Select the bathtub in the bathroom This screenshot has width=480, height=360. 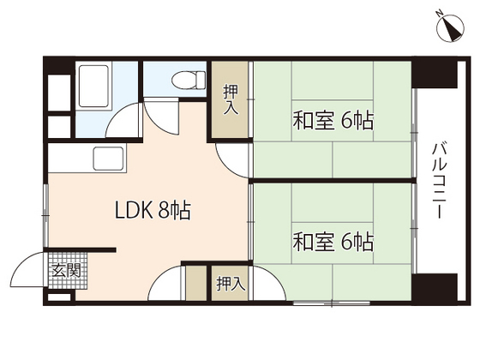click(93, 86)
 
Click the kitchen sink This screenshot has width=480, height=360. click(110, 159)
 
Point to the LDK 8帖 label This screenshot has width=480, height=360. click(153, 210)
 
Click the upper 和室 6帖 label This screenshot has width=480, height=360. click(333, 121)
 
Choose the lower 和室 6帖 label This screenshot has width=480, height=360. click(333, 242)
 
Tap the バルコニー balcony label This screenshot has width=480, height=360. click(440, 181)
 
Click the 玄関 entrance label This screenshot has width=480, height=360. click(66, 270)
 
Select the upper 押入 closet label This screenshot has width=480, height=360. click(231, 99)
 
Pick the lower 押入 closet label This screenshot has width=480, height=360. click(231, 284)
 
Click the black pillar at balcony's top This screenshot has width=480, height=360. click(434, 75)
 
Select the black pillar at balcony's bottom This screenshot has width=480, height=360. click(434, 287)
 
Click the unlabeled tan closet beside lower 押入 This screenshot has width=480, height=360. click(196, 283)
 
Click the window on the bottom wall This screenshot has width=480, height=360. click(332, 303)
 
